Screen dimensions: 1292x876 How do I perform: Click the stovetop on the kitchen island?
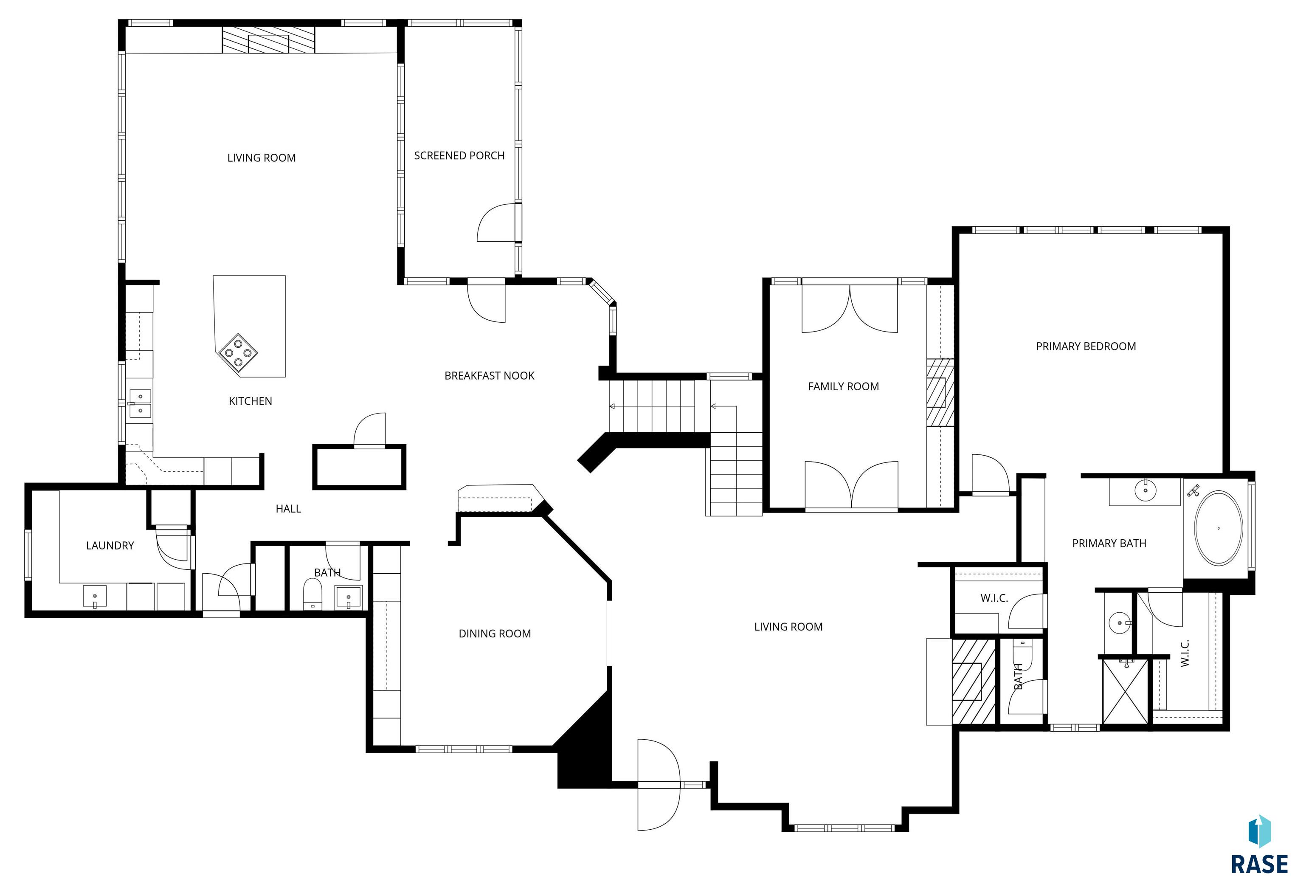click(238, 352)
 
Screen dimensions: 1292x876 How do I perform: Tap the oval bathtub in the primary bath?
click(1218, 528)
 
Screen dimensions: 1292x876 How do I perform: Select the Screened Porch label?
click(459, 156)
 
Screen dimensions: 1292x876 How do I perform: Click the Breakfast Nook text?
click(489, 376)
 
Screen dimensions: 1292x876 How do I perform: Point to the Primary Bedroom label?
click(1086, 346)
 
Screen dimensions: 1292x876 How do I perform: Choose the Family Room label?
click(843, 386)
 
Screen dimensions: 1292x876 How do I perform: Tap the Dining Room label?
click(494, 634)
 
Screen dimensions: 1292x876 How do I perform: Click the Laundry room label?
click(110, 545)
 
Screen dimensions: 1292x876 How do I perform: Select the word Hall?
click(288, 509)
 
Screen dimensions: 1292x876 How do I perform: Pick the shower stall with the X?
click(1124, 691)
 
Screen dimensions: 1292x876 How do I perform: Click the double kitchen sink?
click(140, 403)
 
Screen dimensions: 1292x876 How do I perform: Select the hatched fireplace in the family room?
click(940, 392)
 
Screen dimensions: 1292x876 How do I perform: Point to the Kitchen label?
click(250, 401)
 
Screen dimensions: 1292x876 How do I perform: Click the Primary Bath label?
click(1109, 544)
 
